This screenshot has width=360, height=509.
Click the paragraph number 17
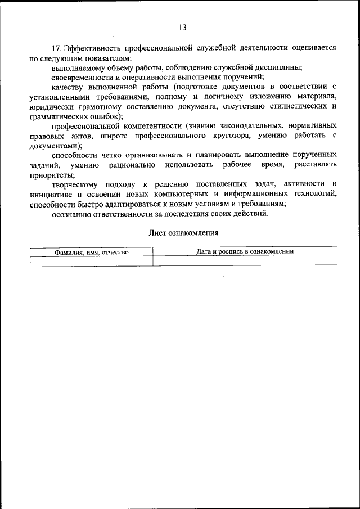tap(57, 48)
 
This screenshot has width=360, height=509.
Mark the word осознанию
tap(71, 213)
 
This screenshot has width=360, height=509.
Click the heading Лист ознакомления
tap(183, 232)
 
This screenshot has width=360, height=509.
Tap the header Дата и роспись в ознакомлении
tap(245, 251)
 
